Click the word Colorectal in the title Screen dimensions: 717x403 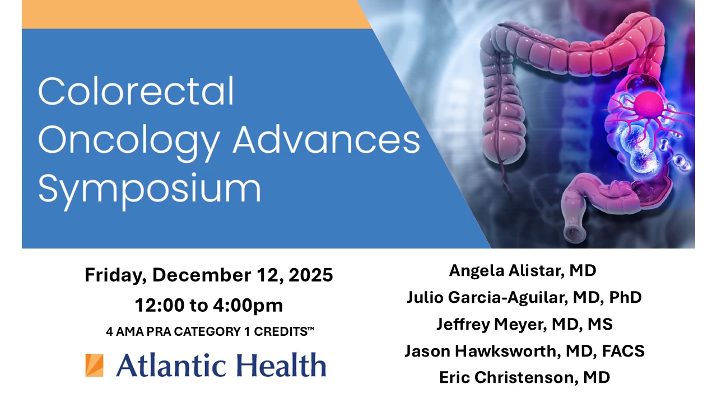pyautogui.click(x=136, y=91)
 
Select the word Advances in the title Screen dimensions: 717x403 pyautogui.click(x=327, y=139)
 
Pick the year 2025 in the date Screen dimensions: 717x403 pyautogui.click(x=310, y=275)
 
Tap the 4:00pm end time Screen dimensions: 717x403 pyautogui.click(x=248, y=306)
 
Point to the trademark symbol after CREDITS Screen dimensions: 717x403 pyautogui.click(x=311, y=329)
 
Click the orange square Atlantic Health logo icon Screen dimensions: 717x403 pyautogui.click(x=94, y=365)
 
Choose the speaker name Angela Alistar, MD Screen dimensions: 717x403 pyautogui.click(x=523, y=271)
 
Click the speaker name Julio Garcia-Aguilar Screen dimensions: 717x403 pyautogui.click(x=486, y=298)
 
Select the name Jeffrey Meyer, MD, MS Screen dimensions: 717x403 pyautogui.click(x=525, y=324)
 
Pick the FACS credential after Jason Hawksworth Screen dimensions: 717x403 pyautogui.click(x=623, y=351)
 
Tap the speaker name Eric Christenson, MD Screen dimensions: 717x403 pyautogui.click(x=525, y=377)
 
